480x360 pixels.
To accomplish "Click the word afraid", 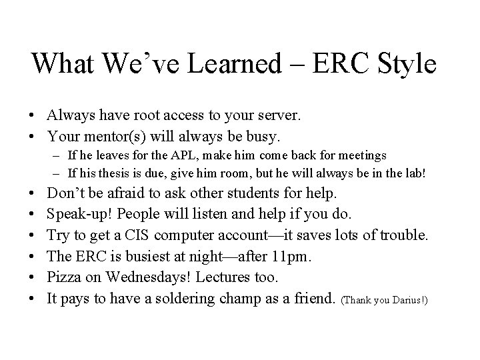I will tap(132, 194).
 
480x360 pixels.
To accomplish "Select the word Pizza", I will tap(65, 277).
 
